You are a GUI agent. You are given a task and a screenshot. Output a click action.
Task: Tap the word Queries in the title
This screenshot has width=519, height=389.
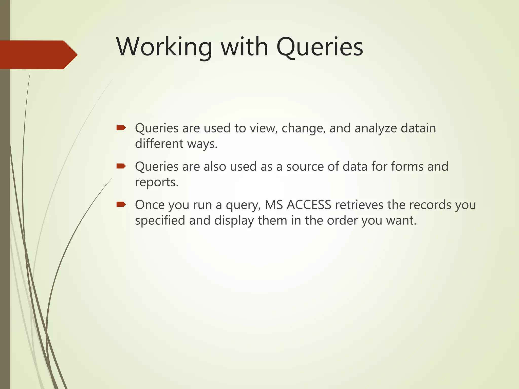(x=320, y=47)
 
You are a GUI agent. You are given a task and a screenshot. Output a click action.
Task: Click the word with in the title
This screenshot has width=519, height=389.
(x=245, y=47)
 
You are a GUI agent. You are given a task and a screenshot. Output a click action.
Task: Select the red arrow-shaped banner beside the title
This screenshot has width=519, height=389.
(x=38, y=55)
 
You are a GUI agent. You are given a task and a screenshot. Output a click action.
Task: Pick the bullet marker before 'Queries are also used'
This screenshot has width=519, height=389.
(x=121, y=166)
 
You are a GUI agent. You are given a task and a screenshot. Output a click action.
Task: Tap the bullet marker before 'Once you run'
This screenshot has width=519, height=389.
(x=121, y=204)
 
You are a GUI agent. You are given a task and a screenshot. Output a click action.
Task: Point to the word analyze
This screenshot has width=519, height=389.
(x=376, y=128)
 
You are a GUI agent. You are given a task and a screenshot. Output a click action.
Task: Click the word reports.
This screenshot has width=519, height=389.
(x=157, y=182)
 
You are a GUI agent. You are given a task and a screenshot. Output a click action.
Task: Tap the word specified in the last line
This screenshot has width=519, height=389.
(x=160, y=221)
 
